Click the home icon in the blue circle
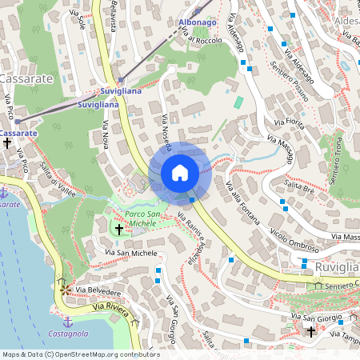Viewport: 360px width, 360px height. point(180,173)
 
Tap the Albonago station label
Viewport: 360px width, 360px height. point(197,22)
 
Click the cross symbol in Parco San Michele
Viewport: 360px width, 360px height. point(119,230)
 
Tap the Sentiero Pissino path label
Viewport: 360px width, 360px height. point(295,73)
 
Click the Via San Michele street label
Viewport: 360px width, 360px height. point(132,253)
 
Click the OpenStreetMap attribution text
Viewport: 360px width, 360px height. point(81,354)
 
